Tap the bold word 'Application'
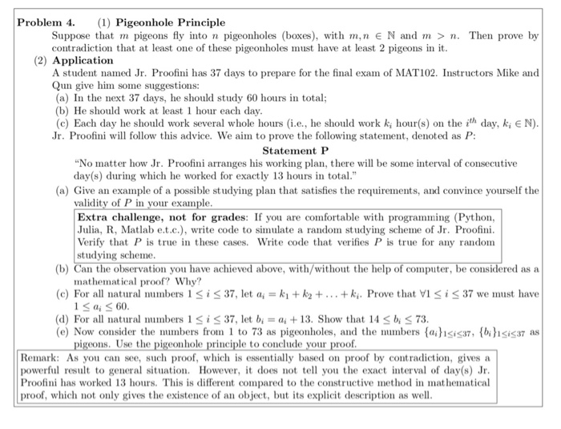(83, 60)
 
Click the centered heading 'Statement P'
(296, 149)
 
